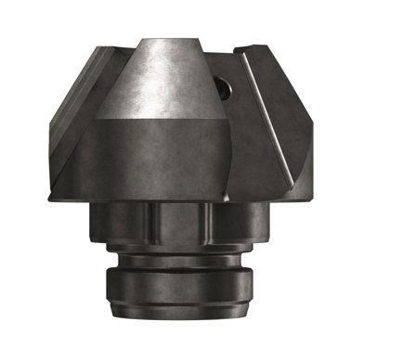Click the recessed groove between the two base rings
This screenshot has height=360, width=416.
coord(176,261)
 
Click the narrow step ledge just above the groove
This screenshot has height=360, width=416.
coord(176,251)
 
